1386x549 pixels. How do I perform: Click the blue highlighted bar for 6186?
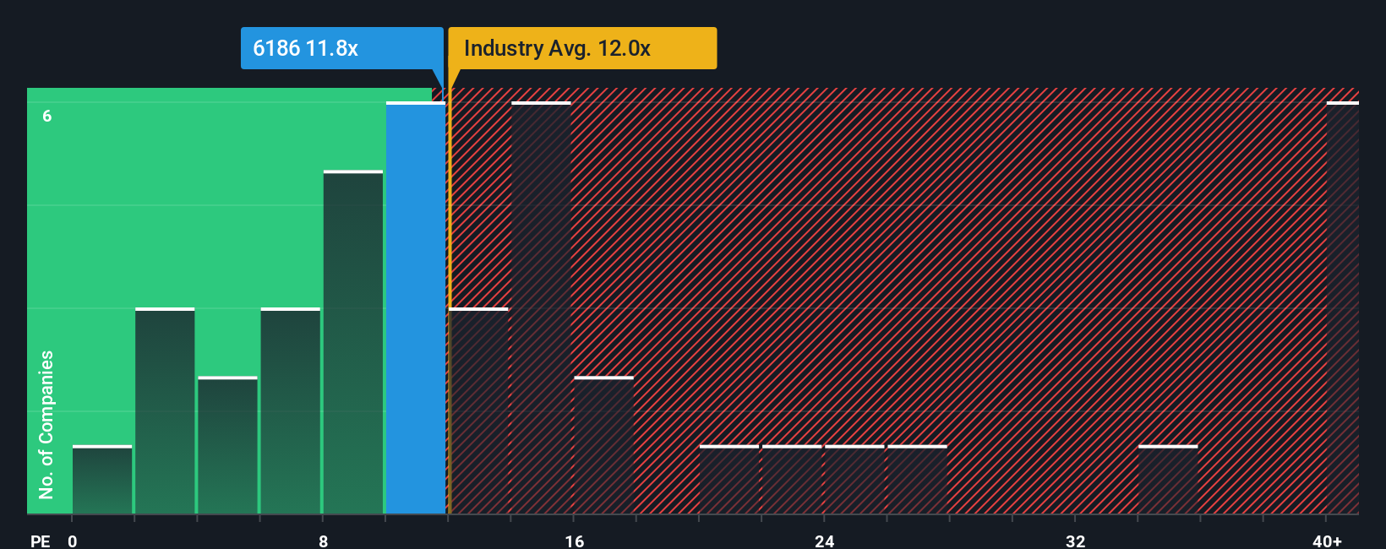pos(415,307)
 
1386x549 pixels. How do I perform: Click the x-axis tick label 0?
pos(73,541)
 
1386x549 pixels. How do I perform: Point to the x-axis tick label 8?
pos(323,541)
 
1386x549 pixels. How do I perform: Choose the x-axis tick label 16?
pos(574,541)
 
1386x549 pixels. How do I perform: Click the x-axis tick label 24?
pos(824,541)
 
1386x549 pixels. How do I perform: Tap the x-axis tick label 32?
pos(1075,541)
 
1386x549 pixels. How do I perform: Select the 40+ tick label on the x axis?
pos(1327,541)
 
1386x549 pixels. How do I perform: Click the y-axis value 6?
pos(47,116)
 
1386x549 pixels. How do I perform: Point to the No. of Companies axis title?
pos(46,424)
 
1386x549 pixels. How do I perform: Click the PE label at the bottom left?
pos(41,541)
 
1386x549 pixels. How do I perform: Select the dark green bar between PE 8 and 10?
pos(353,342)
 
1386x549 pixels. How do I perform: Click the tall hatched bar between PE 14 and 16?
pos(541,307)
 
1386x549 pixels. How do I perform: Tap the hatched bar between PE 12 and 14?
pos(479,410)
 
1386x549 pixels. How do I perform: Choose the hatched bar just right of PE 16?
pos(603,445)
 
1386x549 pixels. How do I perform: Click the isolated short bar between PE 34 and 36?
pos(1168,480)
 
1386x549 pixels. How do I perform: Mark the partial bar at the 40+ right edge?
pos(1342,307)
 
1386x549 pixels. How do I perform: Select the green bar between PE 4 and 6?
pos(227,445)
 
